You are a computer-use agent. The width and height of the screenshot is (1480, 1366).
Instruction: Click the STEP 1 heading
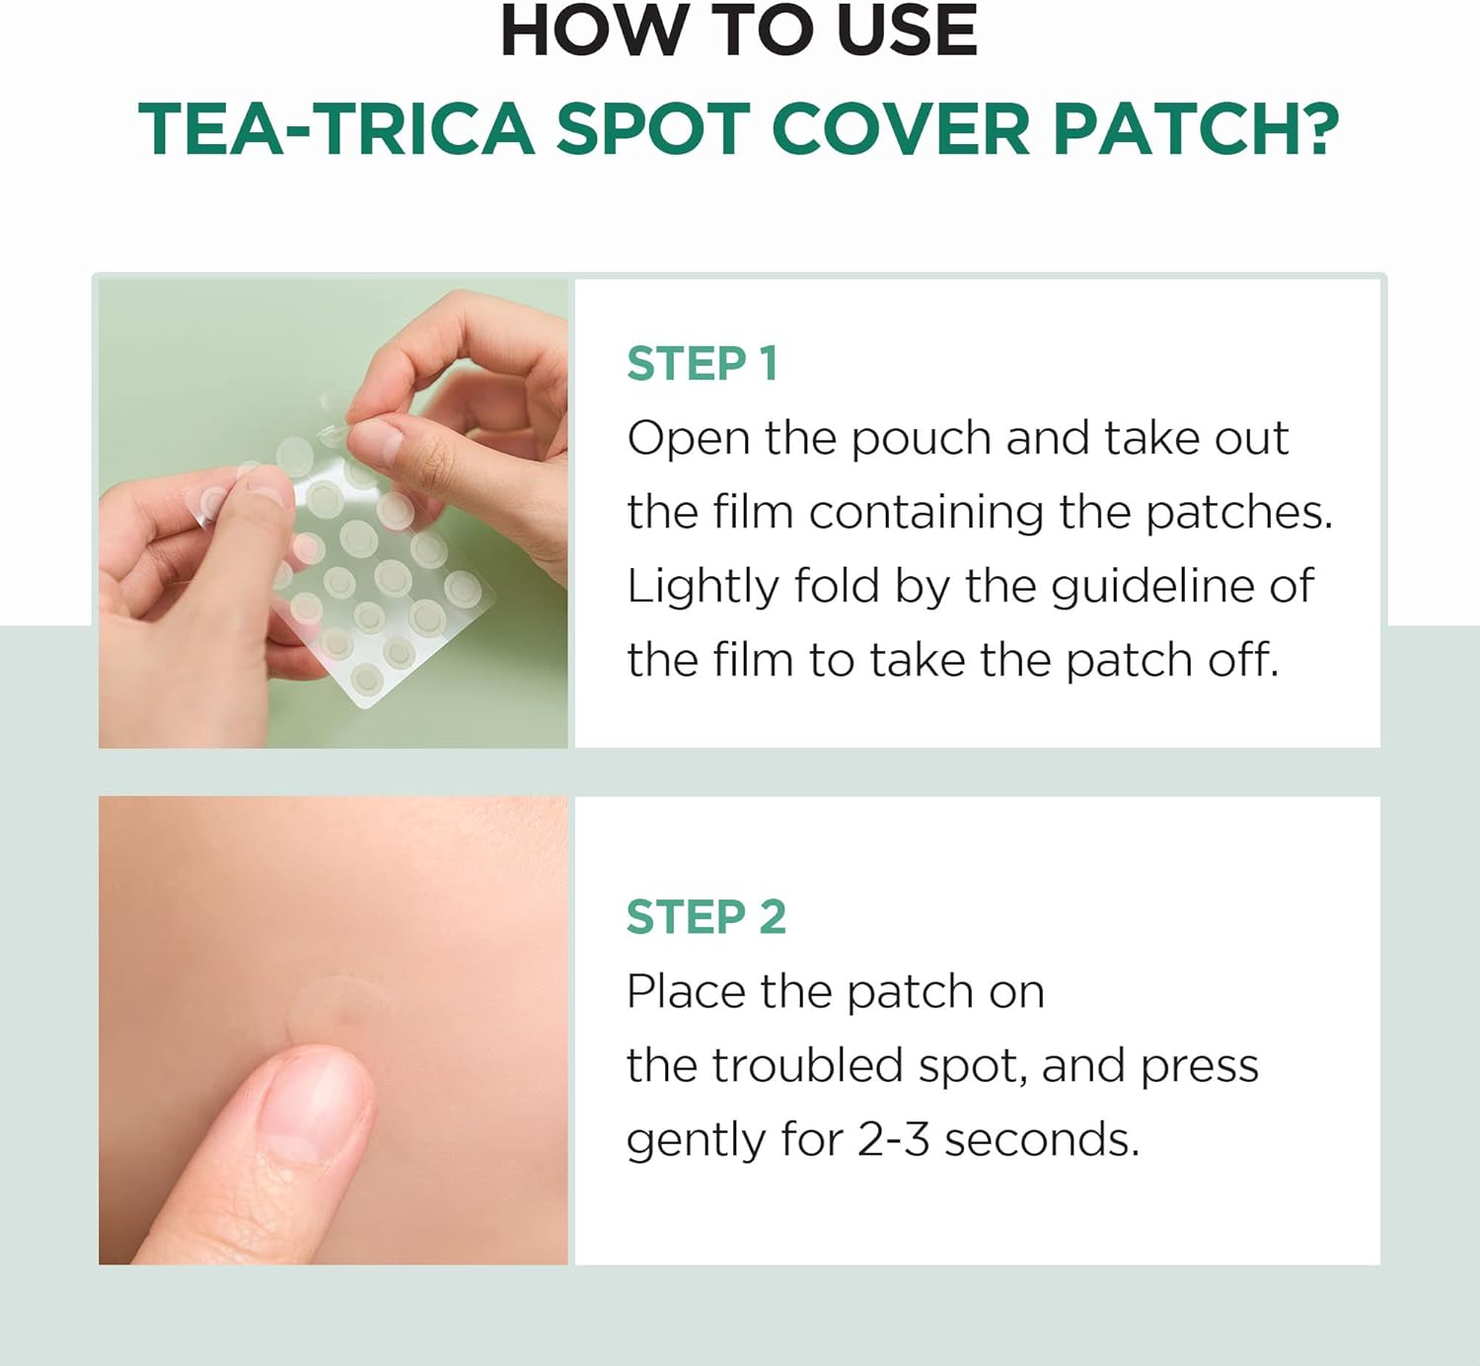[703, 364]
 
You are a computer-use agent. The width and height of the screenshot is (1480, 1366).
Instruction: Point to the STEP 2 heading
[705, 916]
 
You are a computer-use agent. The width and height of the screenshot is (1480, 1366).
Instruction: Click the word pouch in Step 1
[922, 440]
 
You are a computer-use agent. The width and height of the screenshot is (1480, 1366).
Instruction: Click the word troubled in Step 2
[808, 1065]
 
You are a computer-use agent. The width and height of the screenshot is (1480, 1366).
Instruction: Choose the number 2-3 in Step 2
[894, 1140]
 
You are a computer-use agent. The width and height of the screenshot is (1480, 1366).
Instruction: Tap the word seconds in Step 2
[1042, 1140]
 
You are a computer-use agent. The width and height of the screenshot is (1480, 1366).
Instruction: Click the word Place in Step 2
[686, 991]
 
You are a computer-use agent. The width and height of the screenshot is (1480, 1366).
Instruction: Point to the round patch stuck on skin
[339, 1010]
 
